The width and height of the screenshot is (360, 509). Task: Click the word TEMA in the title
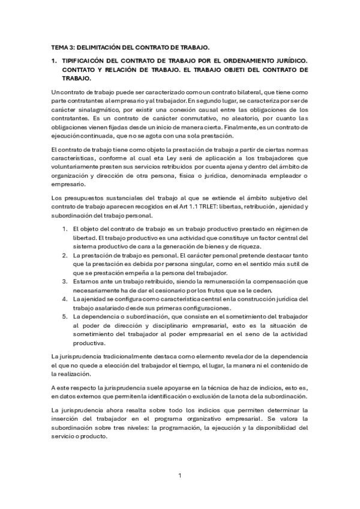59,46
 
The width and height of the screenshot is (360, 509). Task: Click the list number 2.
65,255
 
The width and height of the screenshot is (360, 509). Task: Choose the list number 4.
65,298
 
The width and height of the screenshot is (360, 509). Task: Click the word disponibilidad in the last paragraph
272,429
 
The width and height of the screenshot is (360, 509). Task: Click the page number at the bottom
180,476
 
